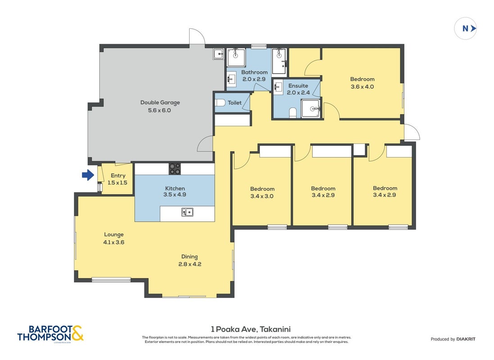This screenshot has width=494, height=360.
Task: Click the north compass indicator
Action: point(465,28)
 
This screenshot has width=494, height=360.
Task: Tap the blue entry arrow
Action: point(88,175)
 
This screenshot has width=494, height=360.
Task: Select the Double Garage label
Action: point(160,103)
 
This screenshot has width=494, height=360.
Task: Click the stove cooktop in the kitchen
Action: point(175,168)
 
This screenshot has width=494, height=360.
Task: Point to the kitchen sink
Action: point(187,212)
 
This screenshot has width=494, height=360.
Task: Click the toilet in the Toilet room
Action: point(220,103)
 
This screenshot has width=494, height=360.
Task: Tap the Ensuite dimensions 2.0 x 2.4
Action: point(299,93)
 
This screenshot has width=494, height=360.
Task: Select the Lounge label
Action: point(114,234)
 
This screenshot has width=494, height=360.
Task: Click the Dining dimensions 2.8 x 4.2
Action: point(190,264)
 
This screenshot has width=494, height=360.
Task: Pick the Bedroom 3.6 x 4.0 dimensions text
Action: point(363,86)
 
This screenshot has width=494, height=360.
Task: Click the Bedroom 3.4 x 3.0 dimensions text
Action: point(262,196)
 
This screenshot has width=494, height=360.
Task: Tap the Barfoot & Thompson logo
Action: point(50,333)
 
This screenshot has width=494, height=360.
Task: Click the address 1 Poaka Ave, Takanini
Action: point(251,329)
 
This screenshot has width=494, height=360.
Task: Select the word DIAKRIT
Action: point(466,339)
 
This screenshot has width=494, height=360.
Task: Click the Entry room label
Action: point(118,175)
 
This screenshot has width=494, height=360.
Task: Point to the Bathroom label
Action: point(254,72)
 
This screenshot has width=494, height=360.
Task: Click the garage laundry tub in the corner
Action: point(218,54)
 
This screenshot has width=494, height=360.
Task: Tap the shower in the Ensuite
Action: point(311,108)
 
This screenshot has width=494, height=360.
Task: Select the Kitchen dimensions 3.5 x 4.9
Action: point(175,195)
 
